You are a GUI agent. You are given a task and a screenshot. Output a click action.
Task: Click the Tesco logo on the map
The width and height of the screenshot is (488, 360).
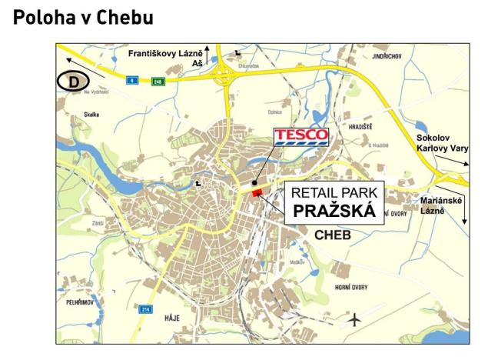coord(301,138)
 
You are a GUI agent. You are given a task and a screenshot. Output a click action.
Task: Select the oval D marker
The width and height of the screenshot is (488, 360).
coord(75,81)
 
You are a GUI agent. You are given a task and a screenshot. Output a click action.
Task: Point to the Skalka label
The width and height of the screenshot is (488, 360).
coord(91,114)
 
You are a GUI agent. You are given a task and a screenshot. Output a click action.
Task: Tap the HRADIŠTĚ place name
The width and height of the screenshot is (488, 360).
coord(360,127)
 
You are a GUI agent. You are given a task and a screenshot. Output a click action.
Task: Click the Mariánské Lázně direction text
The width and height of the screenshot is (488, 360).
coord(443,205)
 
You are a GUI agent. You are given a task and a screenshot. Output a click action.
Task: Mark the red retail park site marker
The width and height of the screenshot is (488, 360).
coord(257,193)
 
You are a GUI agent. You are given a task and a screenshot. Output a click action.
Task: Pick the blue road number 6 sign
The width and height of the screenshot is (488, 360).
coord(131,78)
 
